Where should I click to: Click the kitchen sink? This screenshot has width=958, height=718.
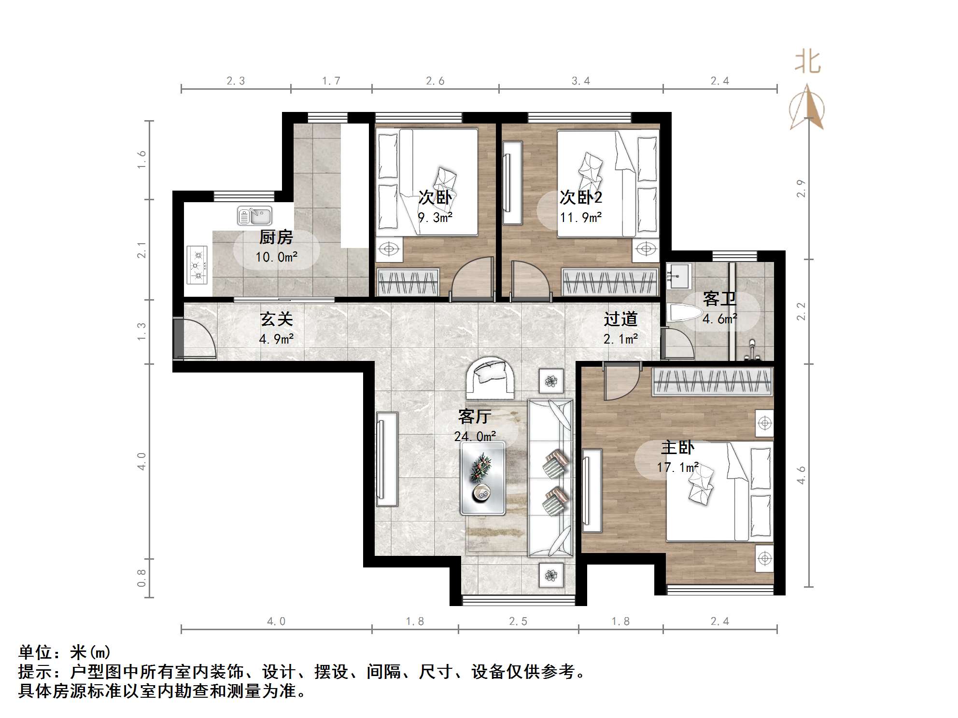(x=254, y=216)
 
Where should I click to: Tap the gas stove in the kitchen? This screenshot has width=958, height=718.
(x=197, y=264)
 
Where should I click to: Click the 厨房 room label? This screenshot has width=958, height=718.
(x=276, y=237)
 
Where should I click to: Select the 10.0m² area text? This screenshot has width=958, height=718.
(x=276, y=257)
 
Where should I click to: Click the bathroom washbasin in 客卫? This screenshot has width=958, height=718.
(x=678, y=274)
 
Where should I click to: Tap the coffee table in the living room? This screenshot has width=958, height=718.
(x=482, y=478)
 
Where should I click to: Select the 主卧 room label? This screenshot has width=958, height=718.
(x=677, y=447)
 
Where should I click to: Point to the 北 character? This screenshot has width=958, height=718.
(x=808, y=63)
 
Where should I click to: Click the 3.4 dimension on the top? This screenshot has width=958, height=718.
(x=580, y=81)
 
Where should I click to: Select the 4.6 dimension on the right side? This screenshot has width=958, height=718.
(x=801, y=475)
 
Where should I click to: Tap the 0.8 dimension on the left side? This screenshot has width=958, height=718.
(x=141, y=578)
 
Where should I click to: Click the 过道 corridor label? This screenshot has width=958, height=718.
(x=620, y=319)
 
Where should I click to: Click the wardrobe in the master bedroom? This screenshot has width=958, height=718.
(x=713, y=382)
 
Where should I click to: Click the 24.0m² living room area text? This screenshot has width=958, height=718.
(x=475, y=437)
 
